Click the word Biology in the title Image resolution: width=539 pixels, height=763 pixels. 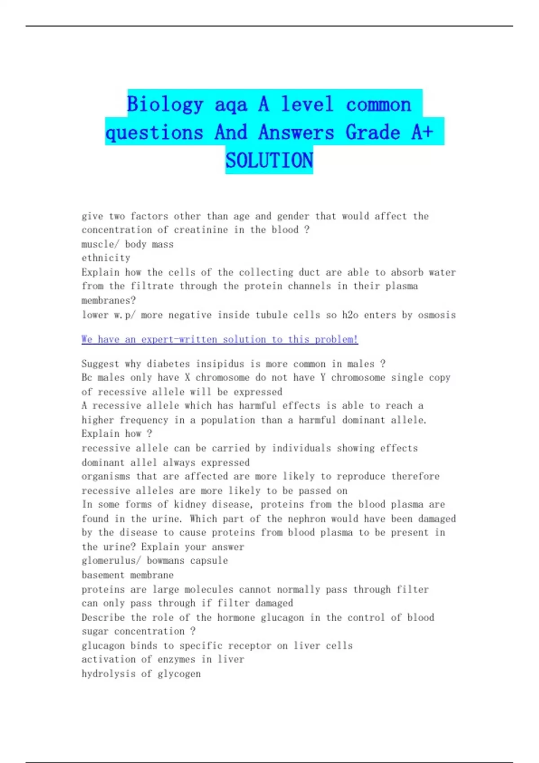click(x=165, y=105)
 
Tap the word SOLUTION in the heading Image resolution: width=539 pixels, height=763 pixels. click(x=269, y=160)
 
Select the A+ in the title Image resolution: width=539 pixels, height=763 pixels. click(x=422, y=132)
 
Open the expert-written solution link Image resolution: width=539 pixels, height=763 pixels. click(x=220, y=339)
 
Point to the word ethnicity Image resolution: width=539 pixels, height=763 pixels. click(x=106, y=258)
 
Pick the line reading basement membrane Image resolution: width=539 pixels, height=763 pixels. click(x=128, y=575)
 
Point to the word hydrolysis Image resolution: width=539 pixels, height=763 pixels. click(x=108, y=674)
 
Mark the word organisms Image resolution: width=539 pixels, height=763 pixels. click(x=106, y=476)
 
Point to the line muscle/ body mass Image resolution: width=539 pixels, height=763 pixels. click(x=128, y=244)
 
